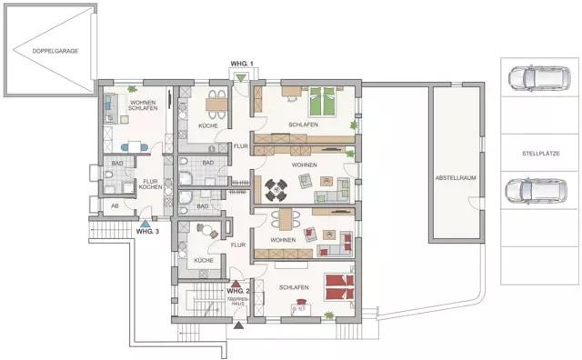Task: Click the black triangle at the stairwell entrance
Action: click(238, 323)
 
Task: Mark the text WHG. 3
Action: click(147, 231)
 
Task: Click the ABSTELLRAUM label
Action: click(457, 177)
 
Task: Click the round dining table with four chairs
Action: click(276, 189)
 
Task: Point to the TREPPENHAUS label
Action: click(237, 300)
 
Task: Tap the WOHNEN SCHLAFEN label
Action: click(144, 105)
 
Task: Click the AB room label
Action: click(115, 205)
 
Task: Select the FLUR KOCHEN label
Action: click(150, 185)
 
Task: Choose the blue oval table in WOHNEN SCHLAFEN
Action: click(134, 146)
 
